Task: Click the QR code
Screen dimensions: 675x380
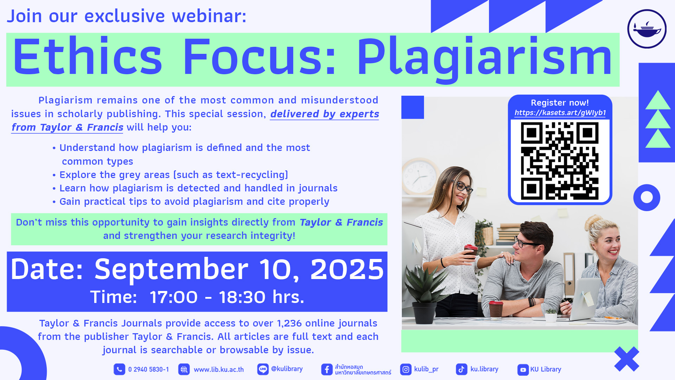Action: coord(560,161)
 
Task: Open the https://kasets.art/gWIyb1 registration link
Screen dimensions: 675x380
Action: coord(560,113)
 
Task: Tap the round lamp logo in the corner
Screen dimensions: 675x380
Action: coord(647,29)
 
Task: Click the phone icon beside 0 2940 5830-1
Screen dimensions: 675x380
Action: coord(119,369)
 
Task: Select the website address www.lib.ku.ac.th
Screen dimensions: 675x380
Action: coord(219,369)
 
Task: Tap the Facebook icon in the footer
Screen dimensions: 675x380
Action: coord(327,369)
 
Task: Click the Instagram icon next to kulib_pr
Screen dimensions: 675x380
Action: coord(406,369)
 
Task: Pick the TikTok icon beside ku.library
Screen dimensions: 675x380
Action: coord(462,369)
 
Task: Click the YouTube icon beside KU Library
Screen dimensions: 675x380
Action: coord(523,370)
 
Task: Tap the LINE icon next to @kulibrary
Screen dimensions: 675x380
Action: coord(263,369)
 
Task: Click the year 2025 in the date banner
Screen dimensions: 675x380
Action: coord(347,269)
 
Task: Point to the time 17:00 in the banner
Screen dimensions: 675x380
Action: coord(174,297)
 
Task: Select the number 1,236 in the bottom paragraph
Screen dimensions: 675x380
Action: coord(289,323)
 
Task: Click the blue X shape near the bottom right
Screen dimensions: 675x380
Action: coord(626,359)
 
